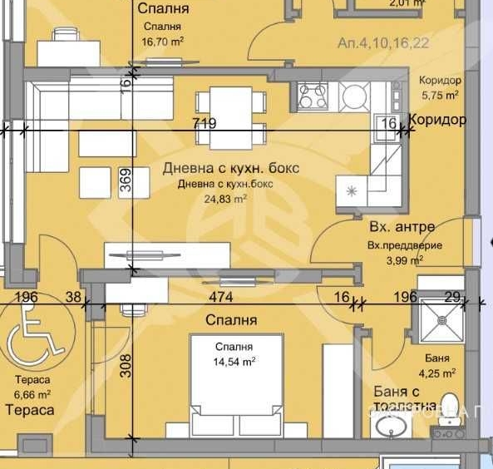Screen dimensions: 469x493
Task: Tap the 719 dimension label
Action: click(204, 124)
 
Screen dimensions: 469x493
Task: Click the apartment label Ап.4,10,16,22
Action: click(384, 43)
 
